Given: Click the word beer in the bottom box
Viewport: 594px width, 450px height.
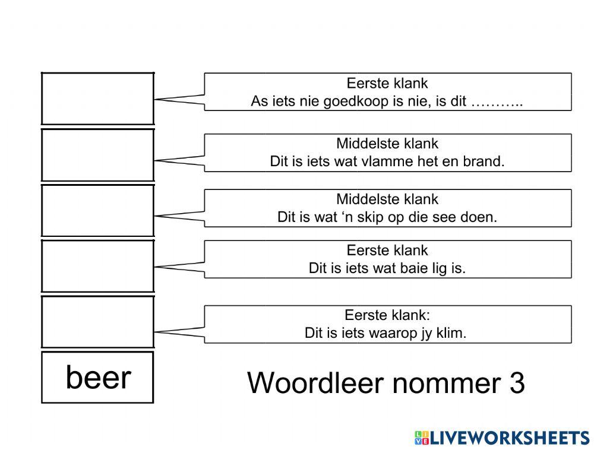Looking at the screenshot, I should pyautogui.click(x=98, y=378).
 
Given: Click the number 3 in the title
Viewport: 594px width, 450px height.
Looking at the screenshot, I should pyautogui.click(x=517, y=384).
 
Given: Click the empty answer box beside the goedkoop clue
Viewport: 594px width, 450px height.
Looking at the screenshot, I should pyautogui.click(x=97, y=99).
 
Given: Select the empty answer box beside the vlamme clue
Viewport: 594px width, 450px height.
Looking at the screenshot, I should pyautogui.click(x=97, y=155).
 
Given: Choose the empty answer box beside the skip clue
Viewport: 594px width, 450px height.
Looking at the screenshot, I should pyautogui.click(x=97, y=211).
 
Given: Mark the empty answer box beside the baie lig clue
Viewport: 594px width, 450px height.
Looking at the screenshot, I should pyautogui.click(x=97, y=266).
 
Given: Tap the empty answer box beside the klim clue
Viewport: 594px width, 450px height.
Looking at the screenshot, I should pyautogui.click(x=97, y=322).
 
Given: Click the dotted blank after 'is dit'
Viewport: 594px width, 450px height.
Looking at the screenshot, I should pyautogui.click(x=497, y=103).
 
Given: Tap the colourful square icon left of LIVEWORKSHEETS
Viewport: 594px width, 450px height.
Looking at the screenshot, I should pyautogui.click(x=422, y=438).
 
